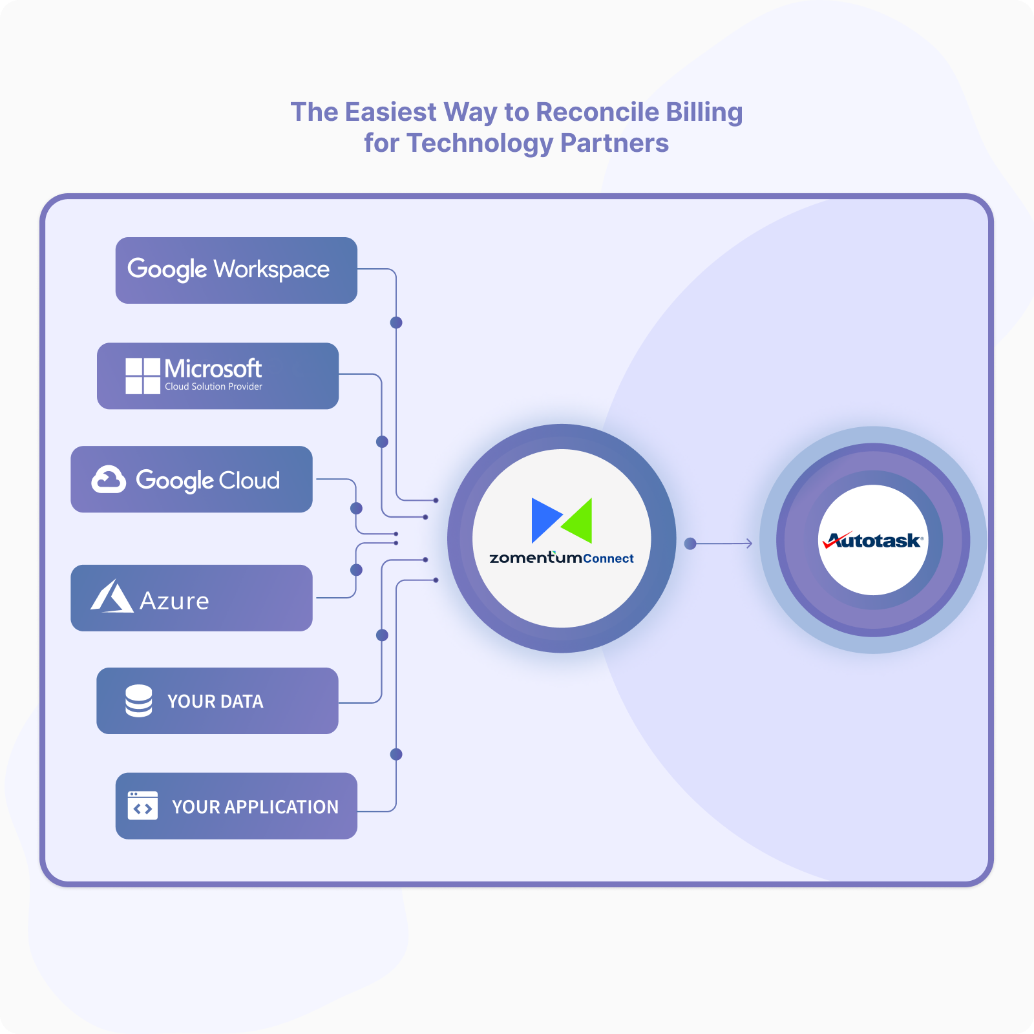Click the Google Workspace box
click(236, 270)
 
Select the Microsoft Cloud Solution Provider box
click(218, 375)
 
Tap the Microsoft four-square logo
click(142, 375)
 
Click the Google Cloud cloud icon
click(108, 480)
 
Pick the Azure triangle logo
click(111, 596)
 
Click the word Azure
click(174, 601)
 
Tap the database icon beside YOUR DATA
click(138, 701)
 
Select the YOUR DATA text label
click(215, 701)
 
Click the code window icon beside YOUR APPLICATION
click(142, 806)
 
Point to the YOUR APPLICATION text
click(255, 807)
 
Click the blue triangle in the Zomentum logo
click(544, 519)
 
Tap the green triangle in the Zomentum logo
click(579, 520)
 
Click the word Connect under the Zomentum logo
click(608, 558)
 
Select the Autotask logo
click(873, 540)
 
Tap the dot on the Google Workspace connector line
click(396, 322)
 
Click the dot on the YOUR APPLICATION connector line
click(396, 754)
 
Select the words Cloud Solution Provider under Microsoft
click(213, 386)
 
